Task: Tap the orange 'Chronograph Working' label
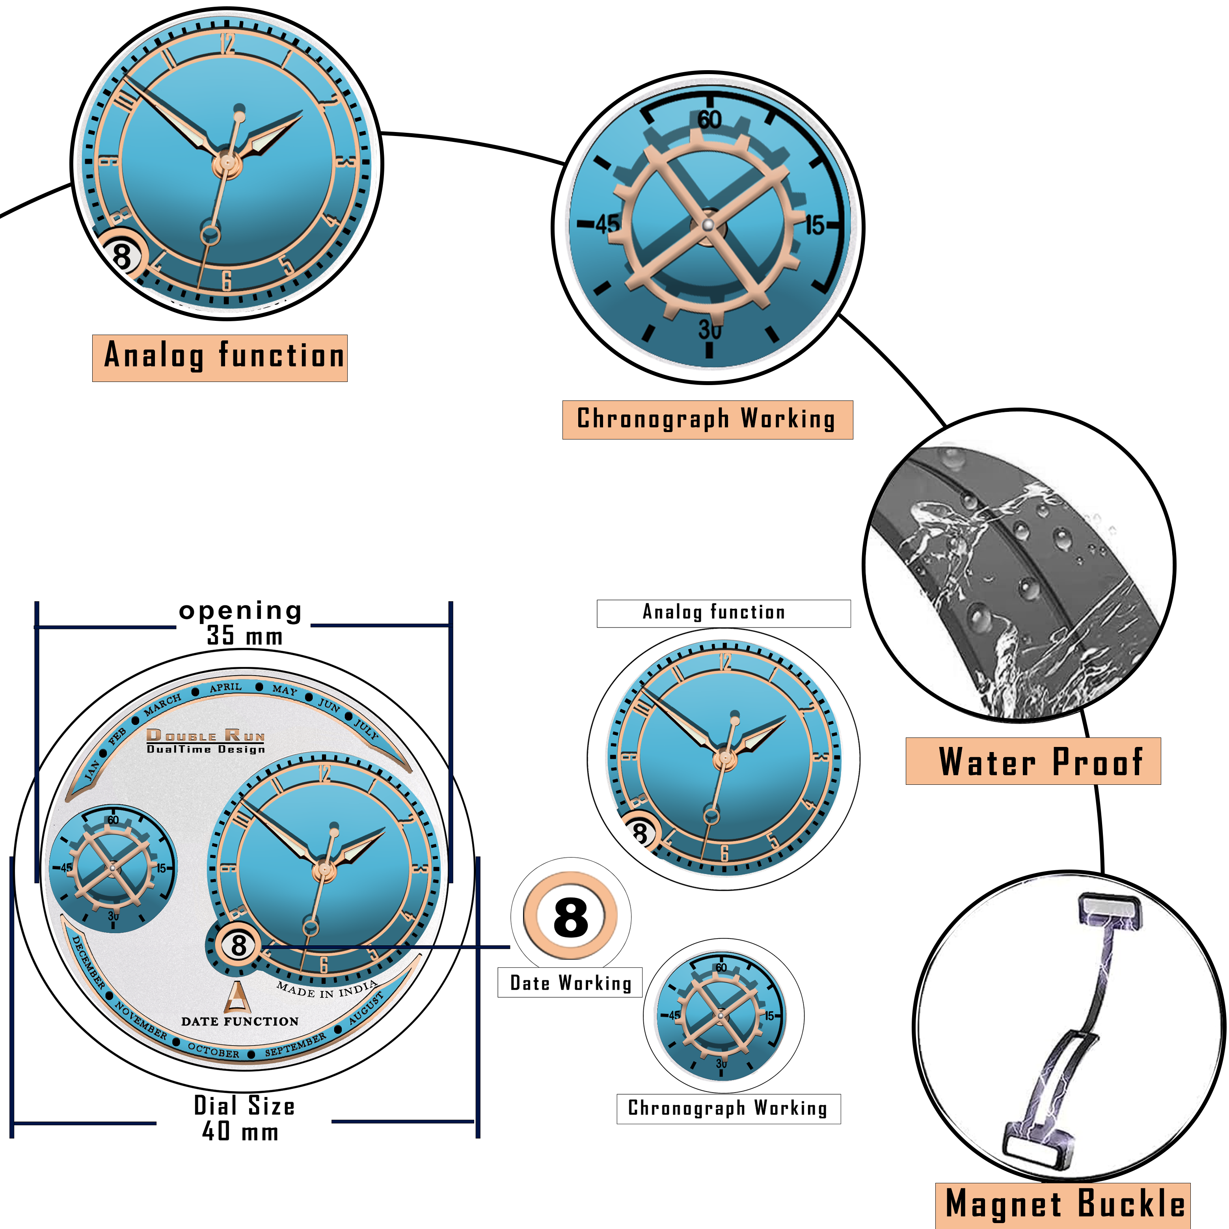click(x=708, y=420)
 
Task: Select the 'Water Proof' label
click(x=1033, y=762)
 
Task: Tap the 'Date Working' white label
click(x=570, y=983)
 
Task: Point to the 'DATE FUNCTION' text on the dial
click(x=239, y=1022)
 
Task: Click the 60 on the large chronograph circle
click(x=709, y=119)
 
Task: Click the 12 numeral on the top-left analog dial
click(x=227, y=43)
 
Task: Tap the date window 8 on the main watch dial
click(x=238, y=945)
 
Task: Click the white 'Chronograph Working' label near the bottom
click(x=728, y=1108)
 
